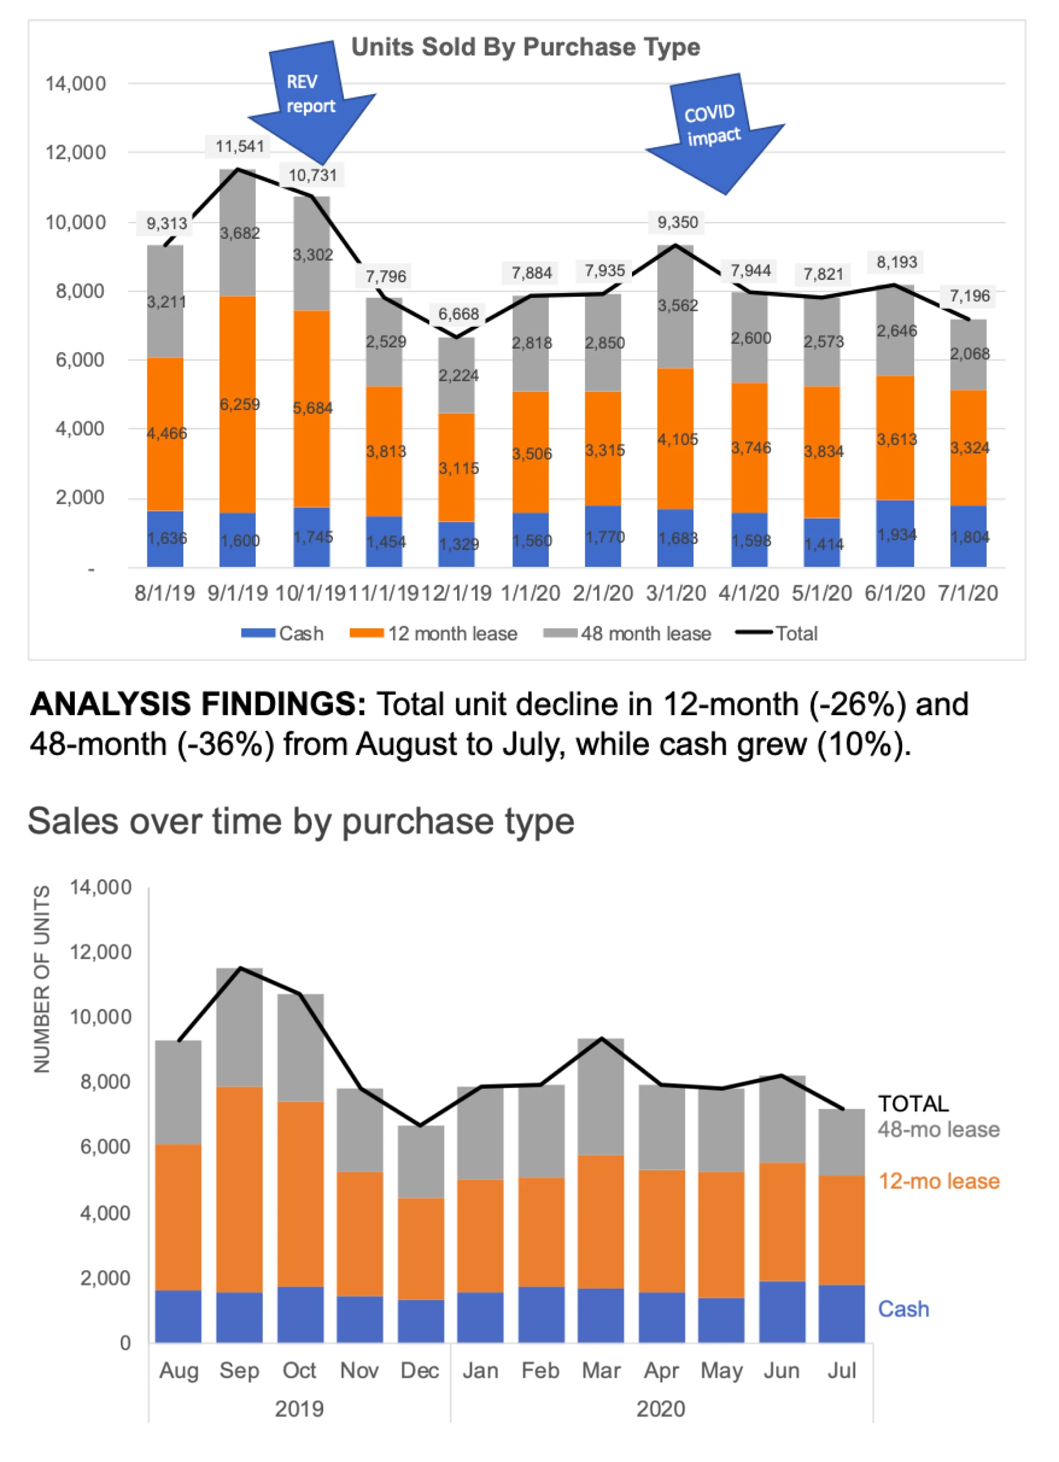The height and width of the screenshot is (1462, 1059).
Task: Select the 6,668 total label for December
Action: click(458, 314)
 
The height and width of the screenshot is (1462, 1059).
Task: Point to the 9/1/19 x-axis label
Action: click(237, 592)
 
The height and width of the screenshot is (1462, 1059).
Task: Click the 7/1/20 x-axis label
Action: click(967, 592)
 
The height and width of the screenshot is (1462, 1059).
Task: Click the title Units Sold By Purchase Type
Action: click(526, 47)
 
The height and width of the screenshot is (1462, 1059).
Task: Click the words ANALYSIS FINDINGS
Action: click(198, 704)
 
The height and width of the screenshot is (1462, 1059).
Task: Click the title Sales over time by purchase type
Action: click(301, 821)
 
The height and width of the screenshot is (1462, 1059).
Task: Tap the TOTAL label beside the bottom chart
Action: click(913, 1103)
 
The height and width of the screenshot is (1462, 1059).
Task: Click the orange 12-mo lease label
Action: click(938, 1181)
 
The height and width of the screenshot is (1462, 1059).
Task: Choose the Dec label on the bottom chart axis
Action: click(420, 1370)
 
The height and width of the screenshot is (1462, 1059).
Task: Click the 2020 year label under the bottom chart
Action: click(661, 1408)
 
